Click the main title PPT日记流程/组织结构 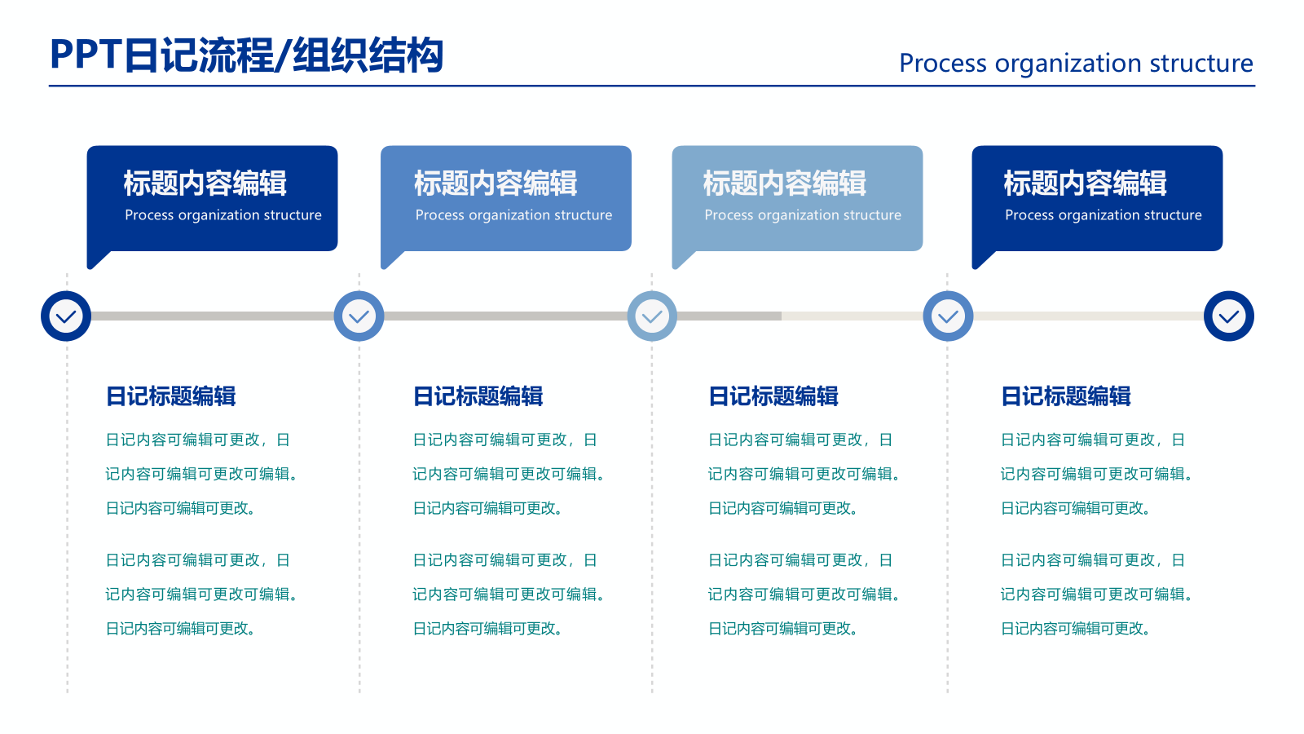(x=246, y=55)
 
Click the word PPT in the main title (x=86, y=55)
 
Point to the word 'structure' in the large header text (x=1200, y=63)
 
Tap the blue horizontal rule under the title (x=652, y=86)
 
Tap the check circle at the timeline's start (x=66, y=316)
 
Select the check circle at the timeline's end (x=1228, y=316)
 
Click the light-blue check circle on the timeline (x=652, y=316)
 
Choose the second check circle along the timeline (x=359, y=316)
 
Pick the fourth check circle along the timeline (x=948, y=316)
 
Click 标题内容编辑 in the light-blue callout (x=784, y=183)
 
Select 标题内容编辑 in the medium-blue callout (x=496, y=183)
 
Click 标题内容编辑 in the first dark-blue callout (x=205, y=183)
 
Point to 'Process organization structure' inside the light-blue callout (x=803, y=215)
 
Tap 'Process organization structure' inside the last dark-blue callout (x=1103, y=215)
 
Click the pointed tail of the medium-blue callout (x=390, y=260)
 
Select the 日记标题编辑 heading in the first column (x=170, y=396)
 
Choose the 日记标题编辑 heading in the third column (x=773, y=396)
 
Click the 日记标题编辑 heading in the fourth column (x=1065, y=396)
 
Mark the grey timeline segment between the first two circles (x=212, y=316)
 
